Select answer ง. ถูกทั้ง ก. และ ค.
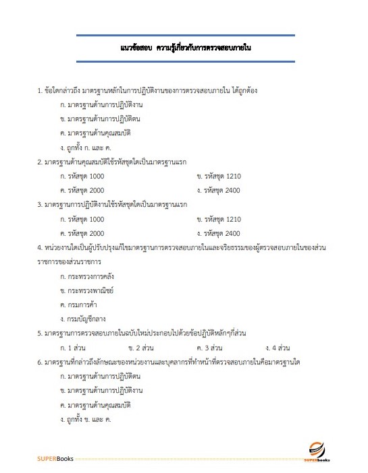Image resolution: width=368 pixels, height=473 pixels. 86,146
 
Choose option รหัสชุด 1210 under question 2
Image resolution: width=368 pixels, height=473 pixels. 218,176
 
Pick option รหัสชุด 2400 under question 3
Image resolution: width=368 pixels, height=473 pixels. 218,234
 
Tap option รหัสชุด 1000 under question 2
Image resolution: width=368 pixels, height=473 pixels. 82,176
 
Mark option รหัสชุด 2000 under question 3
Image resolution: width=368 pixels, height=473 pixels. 82,234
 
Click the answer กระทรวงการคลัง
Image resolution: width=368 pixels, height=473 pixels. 88,276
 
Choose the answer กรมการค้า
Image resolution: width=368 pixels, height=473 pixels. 80,305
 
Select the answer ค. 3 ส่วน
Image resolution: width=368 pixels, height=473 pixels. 209,348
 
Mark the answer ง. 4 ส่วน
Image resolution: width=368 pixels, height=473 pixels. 277,348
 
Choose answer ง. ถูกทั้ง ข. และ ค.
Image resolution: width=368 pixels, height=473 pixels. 86,419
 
